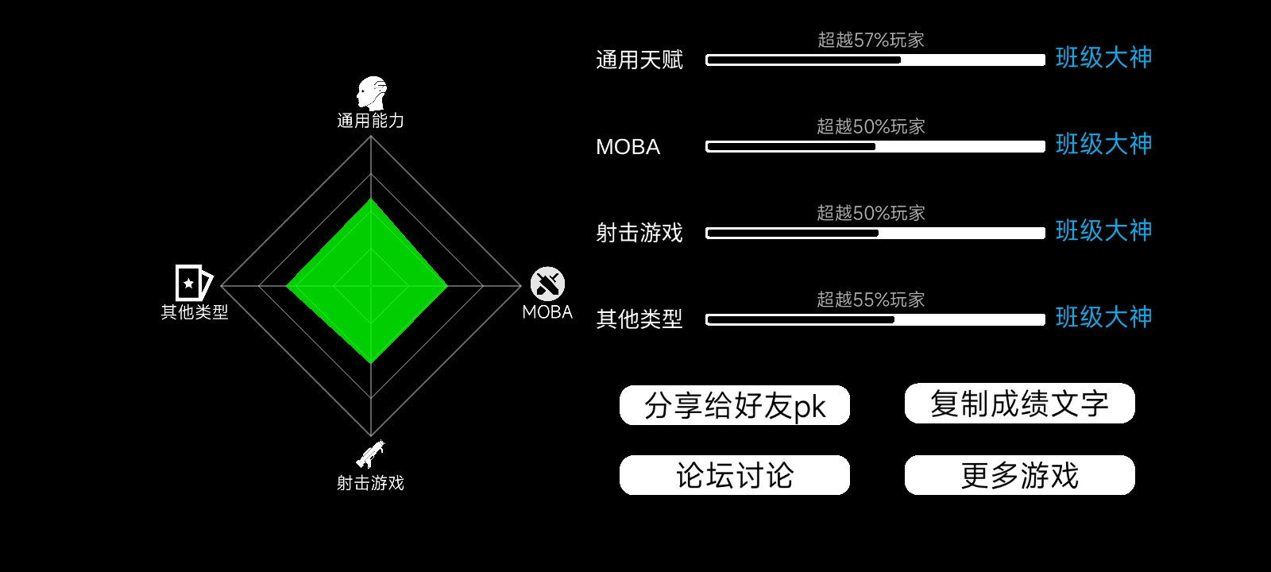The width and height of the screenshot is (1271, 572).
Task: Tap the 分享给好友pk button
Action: click(x=735, y=405)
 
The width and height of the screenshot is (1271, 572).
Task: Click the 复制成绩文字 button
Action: click(x=1020, y=404)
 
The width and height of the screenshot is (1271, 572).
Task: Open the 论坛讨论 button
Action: click(x=735, y=475)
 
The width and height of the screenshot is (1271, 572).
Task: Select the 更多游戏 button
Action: click(x=1020, y=475)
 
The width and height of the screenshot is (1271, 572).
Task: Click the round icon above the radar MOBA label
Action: click(x=547, y=284)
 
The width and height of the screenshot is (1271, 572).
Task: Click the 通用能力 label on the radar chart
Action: click(x=370, y=120)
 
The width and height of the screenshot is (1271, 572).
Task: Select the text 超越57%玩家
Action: click(x=871, y=40)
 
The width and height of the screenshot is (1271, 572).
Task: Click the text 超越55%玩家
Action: click(x=871, y=300)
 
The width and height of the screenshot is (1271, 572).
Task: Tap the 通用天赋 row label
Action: click(x=639, y=60)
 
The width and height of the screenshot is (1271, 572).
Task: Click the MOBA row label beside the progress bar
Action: click(x=628, y=147)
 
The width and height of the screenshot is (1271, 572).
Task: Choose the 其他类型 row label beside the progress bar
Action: click(x=639, y=319)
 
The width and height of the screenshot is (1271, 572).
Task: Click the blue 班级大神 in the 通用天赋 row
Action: click(x=1104, y=58)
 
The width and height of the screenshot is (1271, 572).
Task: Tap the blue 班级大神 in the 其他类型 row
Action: click(x=1104, y=317)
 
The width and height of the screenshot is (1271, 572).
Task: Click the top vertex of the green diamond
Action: click(x=371, y=198)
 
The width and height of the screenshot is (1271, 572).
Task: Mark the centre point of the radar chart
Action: click(x=371, y=286)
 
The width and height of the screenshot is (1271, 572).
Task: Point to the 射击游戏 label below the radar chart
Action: click(x=370, y=483)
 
